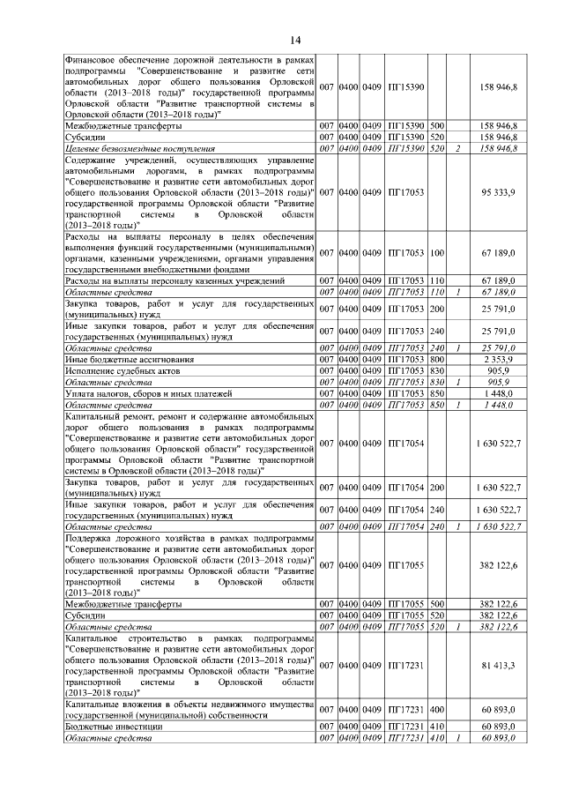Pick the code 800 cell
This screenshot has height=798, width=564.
click(x=436, y=360)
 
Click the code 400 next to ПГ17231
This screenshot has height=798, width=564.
click(x=436, y=710)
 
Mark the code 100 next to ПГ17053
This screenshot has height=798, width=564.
click(x=436, y=253)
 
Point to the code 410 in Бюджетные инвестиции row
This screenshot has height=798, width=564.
click(x=436, y=726)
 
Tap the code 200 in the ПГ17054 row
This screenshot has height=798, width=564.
click(x=436, y=488)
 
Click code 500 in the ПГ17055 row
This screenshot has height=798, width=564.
click(x=436, y=604)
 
